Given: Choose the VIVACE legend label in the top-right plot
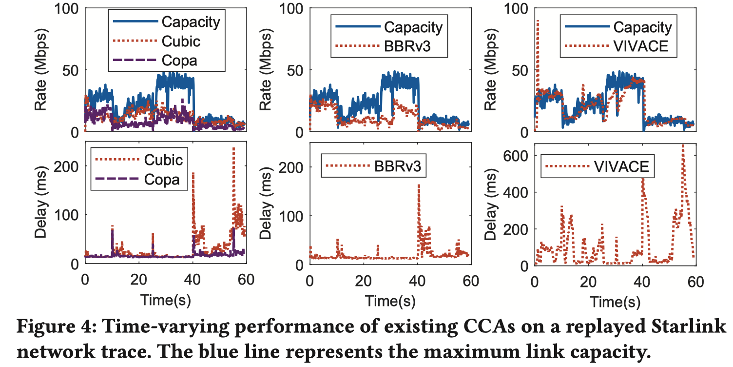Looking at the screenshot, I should coord(642,46).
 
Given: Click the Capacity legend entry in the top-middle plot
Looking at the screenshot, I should coord(413,27).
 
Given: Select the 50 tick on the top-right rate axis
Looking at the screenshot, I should coord(523,70).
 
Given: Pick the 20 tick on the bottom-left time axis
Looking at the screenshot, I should coord(139,281).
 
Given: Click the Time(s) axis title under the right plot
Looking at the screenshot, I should coord(616,300).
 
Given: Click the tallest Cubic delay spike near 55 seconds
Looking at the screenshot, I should coord(233,148).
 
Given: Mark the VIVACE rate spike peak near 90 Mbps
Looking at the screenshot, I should coord(538,21).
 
